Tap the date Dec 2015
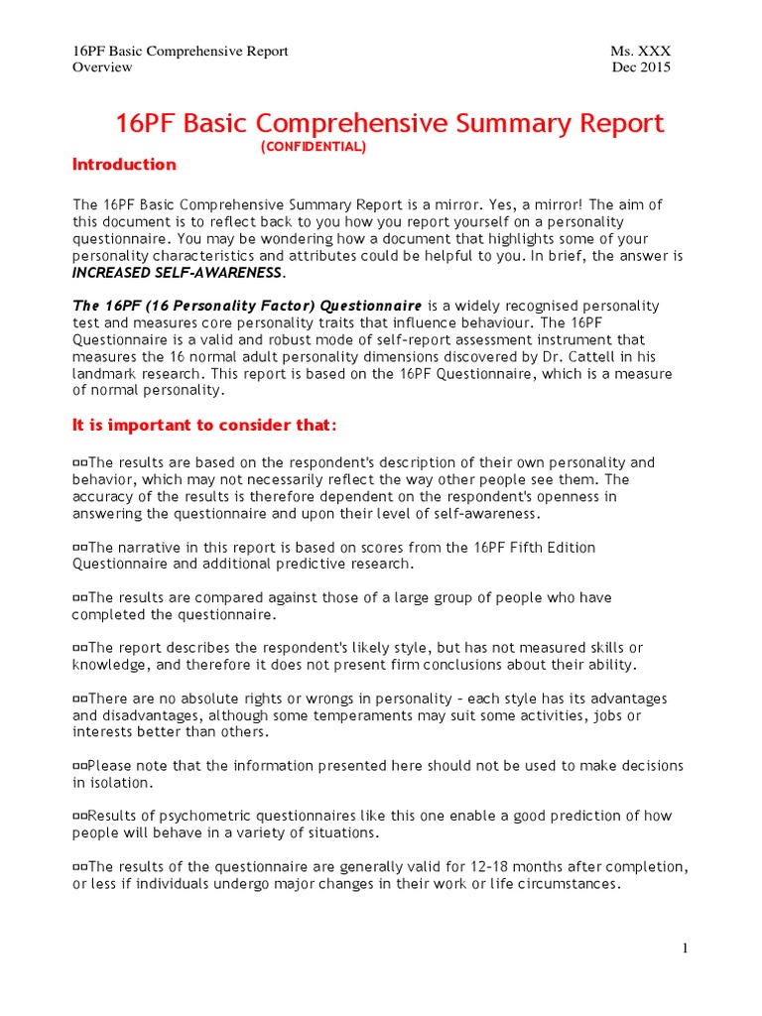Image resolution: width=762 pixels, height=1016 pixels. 642,67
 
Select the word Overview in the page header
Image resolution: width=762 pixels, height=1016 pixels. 102,67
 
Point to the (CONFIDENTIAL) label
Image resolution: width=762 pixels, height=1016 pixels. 314,147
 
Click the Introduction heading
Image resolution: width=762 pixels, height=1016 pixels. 124,165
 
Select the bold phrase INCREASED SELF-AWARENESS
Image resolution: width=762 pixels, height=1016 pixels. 178,272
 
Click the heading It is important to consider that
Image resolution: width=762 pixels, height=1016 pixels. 204,426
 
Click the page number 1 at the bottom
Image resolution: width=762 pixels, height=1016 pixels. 685,949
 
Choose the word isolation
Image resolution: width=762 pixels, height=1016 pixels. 121,783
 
